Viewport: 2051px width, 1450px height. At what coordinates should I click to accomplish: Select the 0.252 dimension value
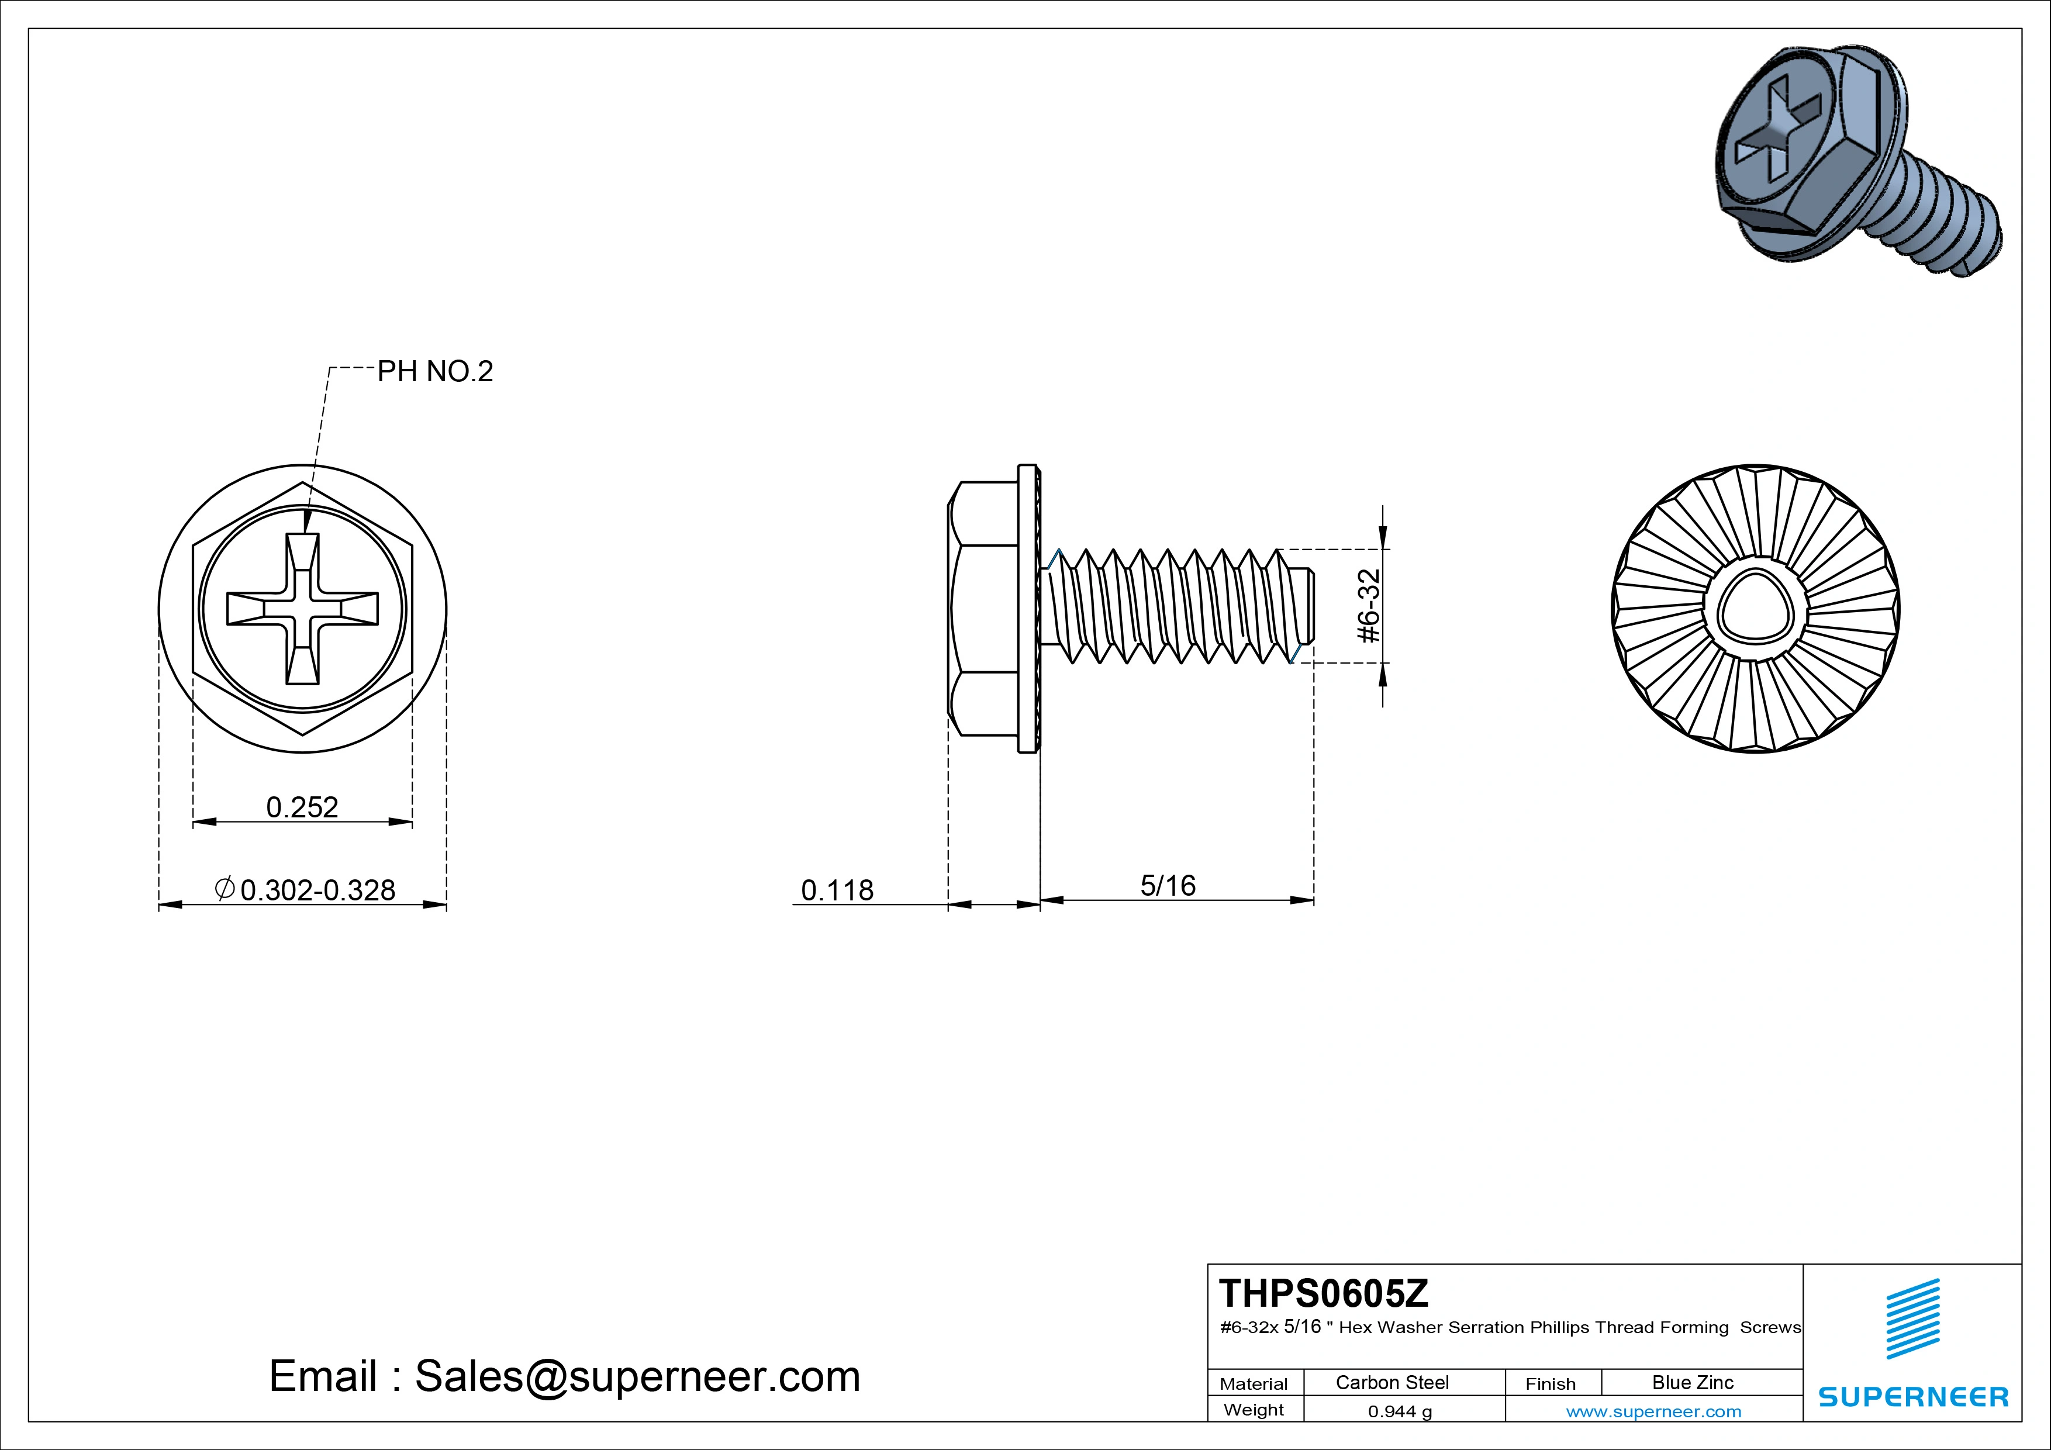pyautogui.click(x=302, y=807)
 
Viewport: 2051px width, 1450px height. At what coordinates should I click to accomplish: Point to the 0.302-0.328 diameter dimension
pyautogui.click(x=306, y=890)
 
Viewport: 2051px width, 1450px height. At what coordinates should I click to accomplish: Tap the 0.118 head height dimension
pyautogui.click(x=837, y=890)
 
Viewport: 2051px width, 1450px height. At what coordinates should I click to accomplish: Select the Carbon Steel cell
pyautogui.click(x=1391, y=1382)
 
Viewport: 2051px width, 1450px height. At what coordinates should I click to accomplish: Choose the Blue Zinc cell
pyautogui.click(x=1692, y=1382)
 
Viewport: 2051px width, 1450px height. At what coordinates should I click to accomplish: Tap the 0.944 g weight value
pyautogui.click(x=1400, y=1411)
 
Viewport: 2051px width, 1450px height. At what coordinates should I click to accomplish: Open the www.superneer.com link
pyautogui.click(x=1653, y=1411)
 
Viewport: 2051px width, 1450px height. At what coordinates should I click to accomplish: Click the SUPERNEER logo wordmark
pyautogui.click(x=1914, y=1396)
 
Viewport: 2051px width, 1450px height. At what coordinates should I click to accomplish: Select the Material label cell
pyautogui.click(x=1254, y=1384)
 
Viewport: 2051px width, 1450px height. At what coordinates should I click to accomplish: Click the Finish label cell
pyautogui.click(x=1550, y=1384)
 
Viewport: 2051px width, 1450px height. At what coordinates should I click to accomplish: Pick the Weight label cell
pyautogui.click(x=1254, y=1410)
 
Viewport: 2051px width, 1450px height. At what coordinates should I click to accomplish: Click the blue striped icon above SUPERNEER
pyautogui.click(x=1912, y=1318)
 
